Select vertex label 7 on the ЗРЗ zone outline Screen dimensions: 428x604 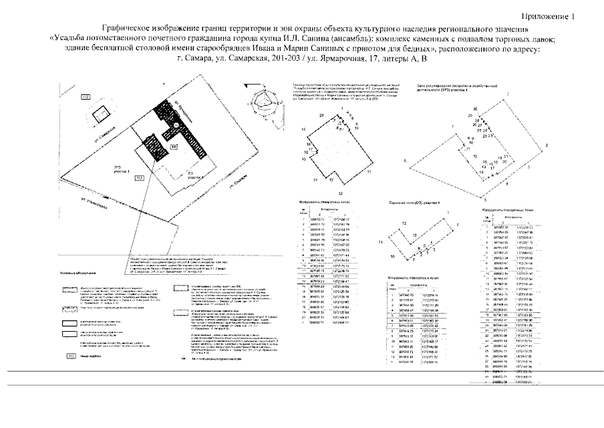coord(452,125)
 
